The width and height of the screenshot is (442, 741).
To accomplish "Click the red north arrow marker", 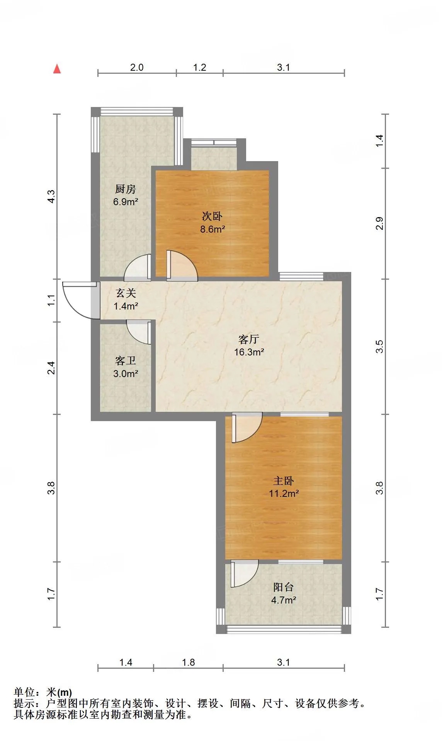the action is (x=57, y=69).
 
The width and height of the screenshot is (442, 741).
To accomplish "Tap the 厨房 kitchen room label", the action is (x=126, y=189).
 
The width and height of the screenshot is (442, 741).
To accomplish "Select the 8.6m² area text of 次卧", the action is (x=212, y=229).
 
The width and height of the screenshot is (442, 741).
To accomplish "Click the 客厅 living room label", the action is (x=249, y=339).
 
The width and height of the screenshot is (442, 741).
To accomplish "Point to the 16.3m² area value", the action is (x=249, y=352).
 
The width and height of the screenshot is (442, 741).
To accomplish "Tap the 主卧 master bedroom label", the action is (x=284, y=481).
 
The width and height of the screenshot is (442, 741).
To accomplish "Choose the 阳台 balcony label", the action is (x=284, y=587).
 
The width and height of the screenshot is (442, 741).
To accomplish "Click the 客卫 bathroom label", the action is (x=126, y=360).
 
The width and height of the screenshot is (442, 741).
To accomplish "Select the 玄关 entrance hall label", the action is (x=126, y=293).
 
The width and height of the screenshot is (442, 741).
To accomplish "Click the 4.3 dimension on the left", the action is (x=51, y=196).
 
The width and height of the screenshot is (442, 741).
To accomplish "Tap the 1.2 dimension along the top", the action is (x=200, y=67).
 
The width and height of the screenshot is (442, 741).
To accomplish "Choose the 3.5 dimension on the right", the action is (x=380, y=346).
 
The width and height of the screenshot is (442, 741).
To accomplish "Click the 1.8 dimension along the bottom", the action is (x=189, y=662).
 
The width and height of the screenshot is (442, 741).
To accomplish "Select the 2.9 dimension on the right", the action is (x=380, y=223).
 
